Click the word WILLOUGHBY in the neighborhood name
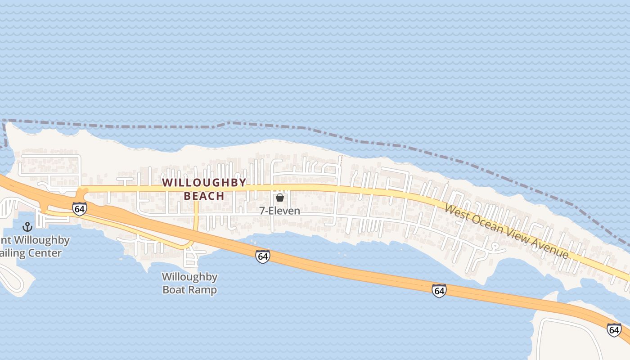pos(204,182)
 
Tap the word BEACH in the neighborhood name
pos(204,196)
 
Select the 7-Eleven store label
pos(279,210)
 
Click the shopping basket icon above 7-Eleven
pos(279,197)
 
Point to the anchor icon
pos(28,227)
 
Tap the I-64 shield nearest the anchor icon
pos(79,208)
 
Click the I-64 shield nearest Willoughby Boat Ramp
pos(262,256)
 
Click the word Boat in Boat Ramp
pos(172,289)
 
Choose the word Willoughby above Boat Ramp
pos(189,277)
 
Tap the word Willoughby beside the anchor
pos(43,240)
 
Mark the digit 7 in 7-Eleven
pos(262,210)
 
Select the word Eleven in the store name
pos(284,210)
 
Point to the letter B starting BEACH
pos(188,196)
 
